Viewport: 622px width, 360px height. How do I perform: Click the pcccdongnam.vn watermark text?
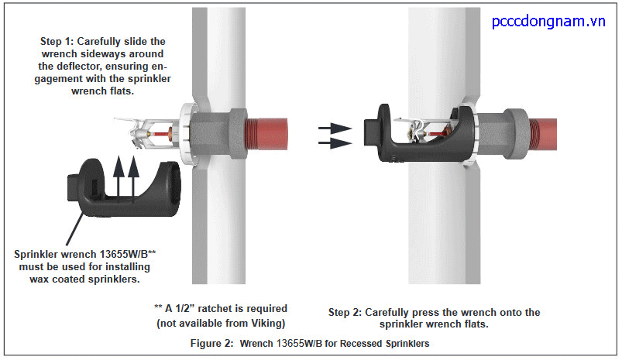pos(548,21)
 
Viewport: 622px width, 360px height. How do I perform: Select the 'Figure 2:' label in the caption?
pos(211,342)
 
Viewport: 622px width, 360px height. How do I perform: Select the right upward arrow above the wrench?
pos(132,168)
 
